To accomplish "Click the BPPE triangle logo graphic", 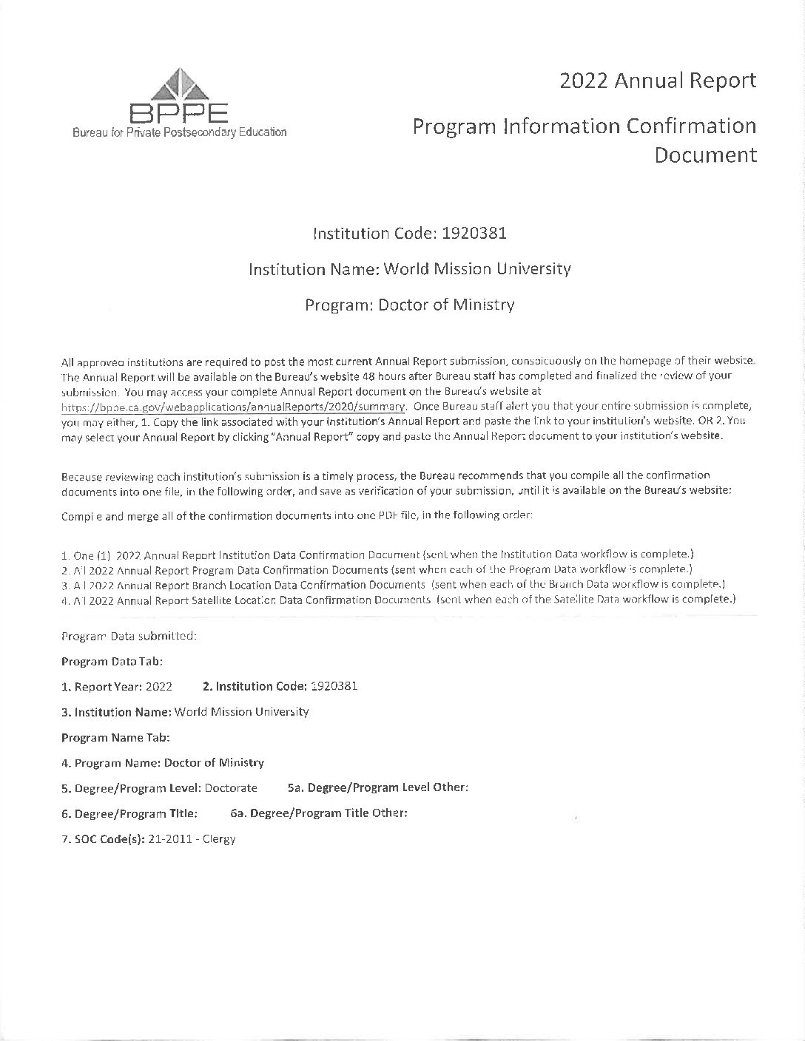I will tap(178, 84).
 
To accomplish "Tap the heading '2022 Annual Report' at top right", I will tap(658, 80).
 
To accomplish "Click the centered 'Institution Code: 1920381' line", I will tap(410, 234).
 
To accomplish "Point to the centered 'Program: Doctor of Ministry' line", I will tap(410, 305).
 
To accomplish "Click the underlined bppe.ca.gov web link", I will tap(233, 407).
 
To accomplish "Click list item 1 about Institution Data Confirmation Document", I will tap(377, 555).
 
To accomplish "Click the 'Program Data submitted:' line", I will tap(129, 636).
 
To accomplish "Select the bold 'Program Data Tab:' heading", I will tap(112, 661).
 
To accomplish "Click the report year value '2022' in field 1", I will tap(159, 687).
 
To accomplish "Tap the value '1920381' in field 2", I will tap(334, 686).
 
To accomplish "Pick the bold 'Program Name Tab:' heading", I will tap(115, 737).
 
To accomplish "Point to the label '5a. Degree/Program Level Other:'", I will tap(377, 788).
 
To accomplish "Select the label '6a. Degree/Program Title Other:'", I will tap(319, 813).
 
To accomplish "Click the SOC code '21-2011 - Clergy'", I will tap(192, 839).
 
